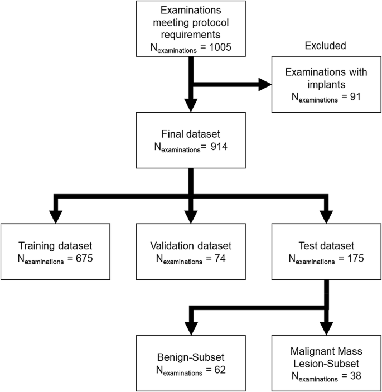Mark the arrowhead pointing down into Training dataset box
pos(55,215)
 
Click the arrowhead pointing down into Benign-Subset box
pos(190,326)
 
